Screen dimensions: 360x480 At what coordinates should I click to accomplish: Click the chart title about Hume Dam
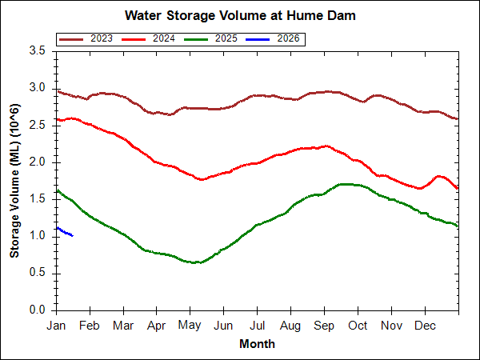(240, 16)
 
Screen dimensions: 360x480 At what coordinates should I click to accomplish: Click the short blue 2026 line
(65, 232)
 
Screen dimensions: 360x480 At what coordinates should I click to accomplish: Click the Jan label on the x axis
(56, 326)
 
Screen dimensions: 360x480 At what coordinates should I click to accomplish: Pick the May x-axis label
(190, 326)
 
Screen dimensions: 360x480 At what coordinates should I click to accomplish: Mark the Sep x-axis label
(324, 326)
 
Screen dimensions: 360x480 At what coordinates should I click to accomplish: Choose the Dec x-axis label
(425, 326)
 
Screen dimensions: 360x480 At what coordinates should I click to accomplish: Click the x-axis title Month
(257, 344)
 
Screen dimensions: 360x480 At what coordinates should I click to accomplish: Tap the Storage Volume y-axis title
(15, 180)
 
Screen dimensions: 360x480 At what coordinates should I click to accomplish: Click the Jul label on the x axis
(257, 326)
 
